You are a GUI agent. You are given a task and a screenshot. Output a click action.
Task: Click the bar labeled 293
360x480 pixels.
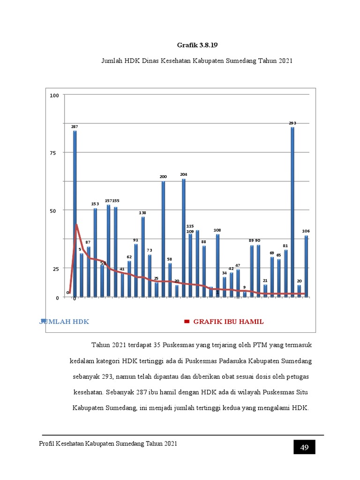292,211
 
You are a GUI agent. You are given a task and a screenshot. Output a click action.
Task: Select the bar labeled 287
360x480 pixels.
75,213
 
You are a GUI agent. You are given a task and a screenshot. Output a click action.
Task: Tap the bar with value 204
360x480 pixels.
184,237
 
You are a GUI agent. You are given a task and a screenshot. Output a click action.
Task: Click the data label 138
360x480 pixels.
142,213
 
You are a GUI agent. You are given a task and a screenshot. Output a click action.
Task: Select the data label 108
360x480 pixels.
217,230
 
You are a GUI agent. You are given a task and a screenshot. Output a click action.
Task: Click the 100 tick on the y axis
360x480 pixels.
54,96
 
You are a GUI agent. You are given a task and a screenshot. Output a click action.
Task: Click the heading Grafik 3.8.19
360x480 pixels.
197,45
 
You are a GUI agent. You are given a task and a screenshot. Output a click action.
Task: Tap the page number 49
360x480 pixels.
304,448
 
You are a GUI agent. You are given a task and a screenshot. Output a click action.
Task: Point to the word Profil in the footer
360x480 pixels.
48,444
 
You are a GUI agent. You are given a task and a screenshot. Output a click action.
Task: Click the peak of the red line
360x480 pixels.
76,225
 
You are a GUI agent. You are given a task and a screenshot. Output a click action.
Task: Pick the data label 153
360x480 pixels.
95,204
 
